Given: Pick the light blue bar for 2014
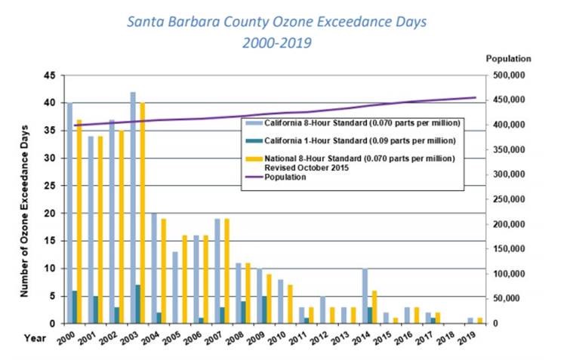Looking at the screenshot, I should [x=365, y=296].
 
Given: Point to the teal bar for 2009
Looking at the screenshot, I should [x=263, y=309].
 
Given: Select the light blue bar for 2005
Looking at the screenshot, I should [x=175, y=288].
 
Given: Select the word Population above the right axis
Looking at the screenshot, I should [x=508, y=58].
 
